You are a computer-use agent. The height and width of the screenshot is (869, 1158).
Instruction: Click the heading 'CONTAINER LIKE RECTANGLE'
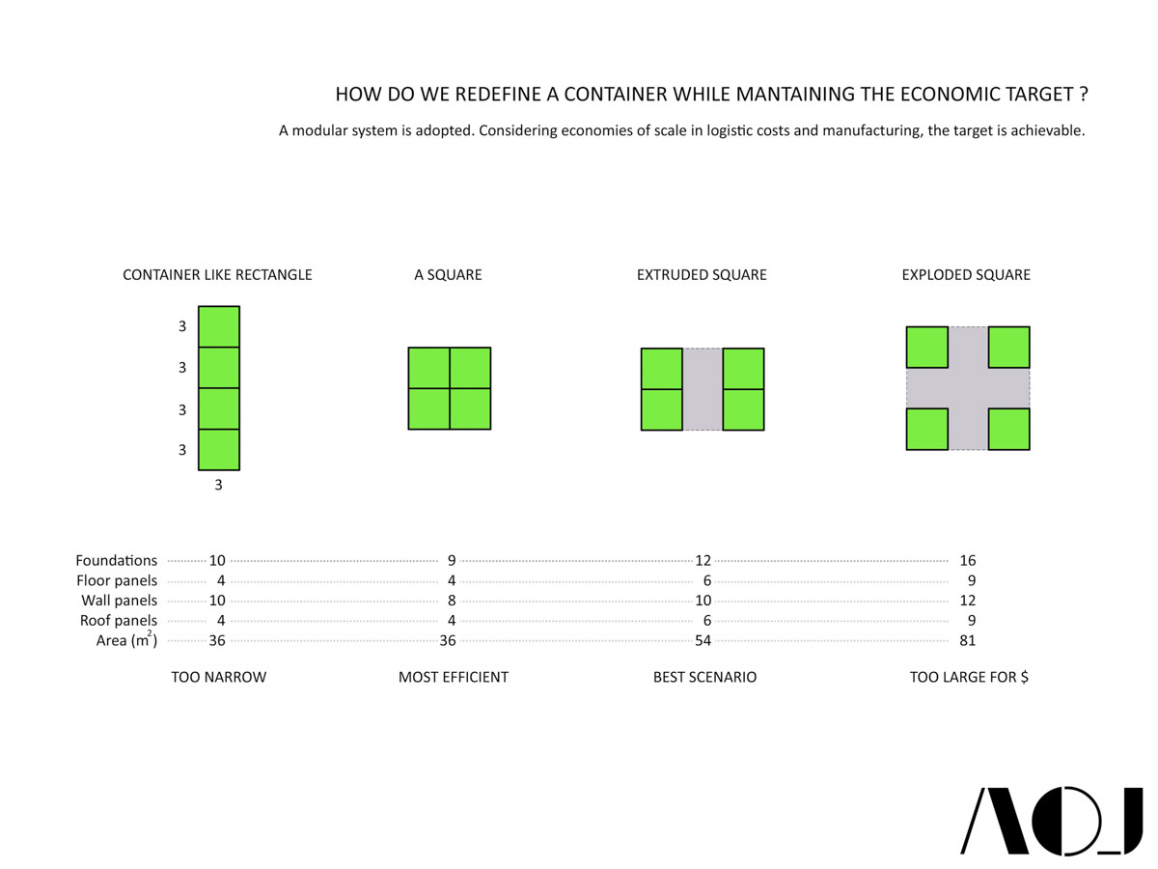217,275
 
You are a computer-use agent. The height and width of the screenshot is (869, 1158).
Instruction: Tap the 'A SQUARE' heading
448,275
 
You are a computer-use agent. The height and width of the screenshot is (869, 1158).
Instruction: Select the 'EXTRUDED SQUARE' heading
702,275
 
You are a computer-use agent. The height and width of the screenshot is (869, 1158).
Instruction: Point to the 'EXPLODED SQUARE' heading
966,275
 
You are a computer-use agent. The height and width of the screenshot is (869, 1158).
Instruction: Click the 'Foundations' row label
117,560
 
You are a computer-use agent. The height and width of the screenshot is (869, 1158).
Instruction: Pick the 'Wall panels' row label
119,601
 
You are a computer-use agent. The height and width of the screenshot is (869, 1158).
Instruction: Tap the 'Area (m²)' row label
126,640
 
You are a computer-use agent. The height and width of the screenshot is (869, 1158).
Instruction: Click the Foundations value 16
968,560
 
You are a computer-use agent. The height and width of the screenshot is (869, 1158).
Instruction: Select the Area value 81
968,640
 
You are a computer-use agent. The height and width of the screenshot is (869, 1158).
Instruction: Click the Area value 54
703,640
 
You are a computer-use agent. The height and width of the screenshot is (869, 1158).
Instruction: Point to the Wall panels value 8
452,601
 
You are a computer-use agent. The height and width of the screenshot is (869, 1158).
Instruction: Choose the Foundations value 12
703,560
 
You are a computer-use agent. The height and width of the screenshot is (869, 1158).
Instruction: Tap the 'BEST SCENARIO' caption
704,678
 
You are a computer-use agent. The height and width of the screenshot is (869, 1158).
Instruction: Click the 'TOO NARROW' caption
218,678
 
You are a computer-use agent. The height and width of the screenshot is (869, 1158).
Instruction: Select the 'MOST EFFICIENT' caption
453,678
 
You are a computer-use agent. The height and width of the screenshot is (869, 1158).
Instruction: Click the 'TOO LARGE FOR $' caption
969,678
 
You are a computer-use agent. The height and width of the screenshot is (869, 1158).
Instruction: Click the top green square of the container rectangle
219,326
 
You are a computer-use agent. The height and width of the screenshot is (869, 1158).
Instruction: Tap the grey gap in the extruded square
703,389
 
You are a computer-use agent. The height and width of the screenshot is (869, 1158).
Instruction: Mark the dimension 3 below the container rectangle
218,486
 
